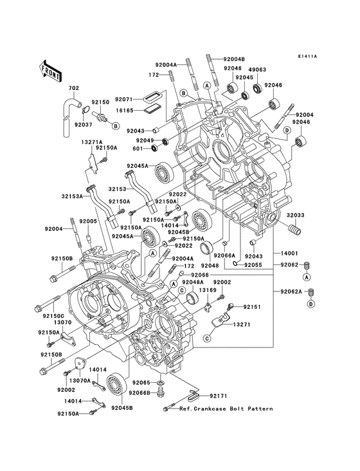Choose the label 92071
click(x=125, y=100)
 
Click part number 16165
click(x=125, y=110)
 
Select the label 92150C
click(x=45, y=316)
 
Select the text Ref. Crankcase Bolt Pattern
click(x=226, y=409)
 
